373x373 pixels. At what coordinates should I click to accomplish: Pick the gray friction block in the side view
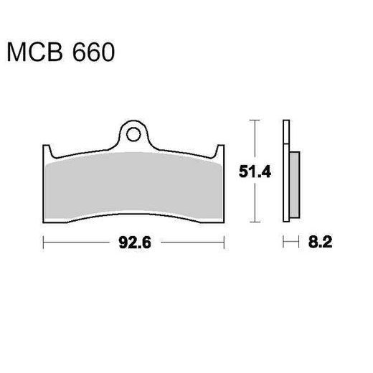(x=293, y=184)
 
